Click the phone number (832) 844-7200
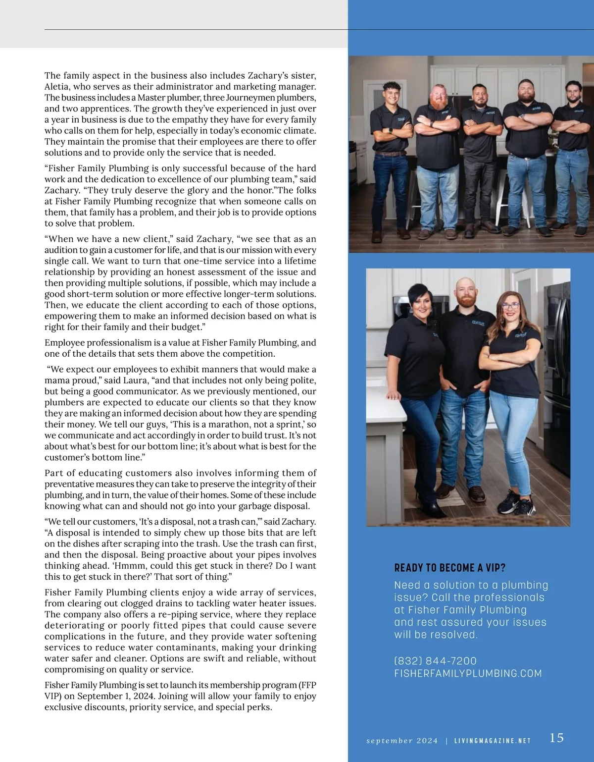[x=435, y=661]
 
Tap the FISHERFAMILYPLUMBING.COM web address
[x=468, y=673]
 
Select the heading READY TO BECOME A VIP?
[x=449, y=568]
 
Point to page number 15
[x=556, y=738]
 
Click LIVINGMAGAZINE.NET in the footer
[x=493, y=741]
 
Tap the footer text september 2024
[x=402, y=741]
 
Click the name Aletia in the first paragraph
[x=56, y=87]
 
